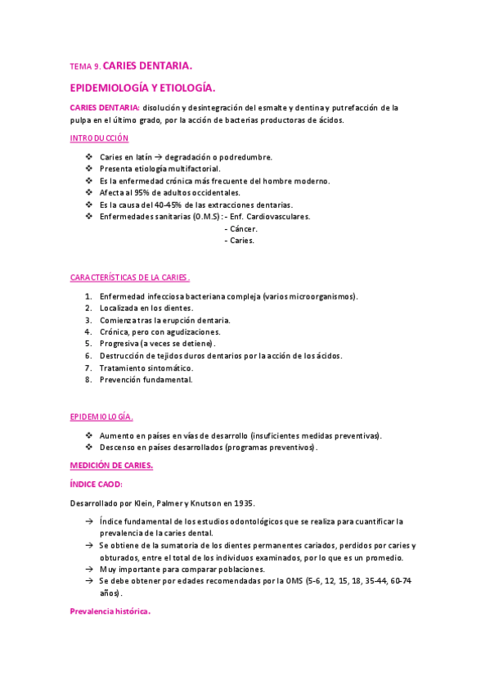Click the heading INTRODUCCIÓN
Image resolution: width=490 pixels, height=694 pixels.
click(98, 139)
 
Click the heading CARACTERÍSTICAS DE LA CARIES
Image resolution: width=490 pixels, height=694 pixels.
click(130, 278)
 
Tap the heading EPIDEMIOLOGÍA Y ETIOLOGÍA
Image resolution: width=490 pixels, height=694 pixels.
click(143, 86)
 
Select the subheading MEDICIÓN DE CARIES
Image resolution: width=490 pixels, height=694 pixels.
click(111, 466)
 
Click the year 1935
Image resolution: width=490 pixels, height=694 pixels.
click(258, 502)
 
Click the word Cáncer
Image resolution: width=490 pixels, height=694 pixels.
click(244, 228)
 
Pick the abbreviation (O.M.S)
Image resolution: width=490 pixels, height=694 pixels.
click(200, 216)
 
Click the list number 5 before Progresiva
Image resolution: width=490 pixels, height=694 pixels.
click(88, 345)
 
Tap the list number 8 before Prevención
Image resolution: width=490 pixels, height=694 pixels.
click(88, 380)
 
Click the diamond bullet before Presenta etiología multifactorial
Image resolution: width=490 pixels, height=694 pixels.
click(88, 169)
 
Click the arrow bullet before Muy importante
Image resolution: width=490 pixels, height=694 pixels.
click(88, 569)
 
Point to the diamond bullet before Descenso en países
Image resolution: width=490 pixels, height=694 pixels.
click(88, 448)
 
